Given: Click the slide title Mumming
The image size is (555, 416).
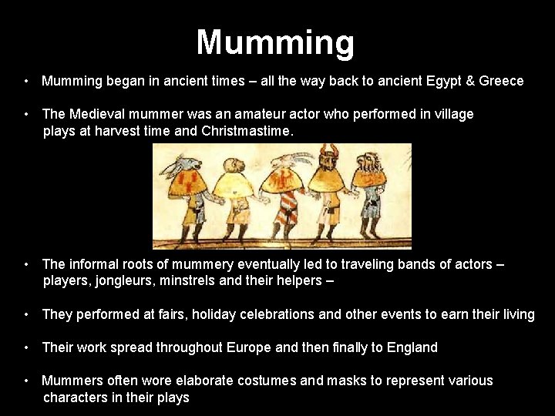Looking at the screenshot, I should (x=275, y=42).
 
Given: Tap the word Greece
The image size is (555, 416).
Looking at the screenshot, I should (x=501, y=81).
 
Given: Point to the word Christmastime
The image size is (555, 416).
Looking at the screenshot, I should (x=246, y=131).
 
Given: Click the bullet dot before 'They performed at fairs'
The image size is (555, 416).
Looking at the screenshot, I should (x=26, y=314).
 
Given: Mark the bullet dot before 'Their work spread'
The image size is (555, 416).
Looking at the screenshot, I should (x=26, y=347).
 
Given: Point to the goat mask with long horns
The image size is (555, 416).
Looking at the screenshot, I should (x=282, y=161).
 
